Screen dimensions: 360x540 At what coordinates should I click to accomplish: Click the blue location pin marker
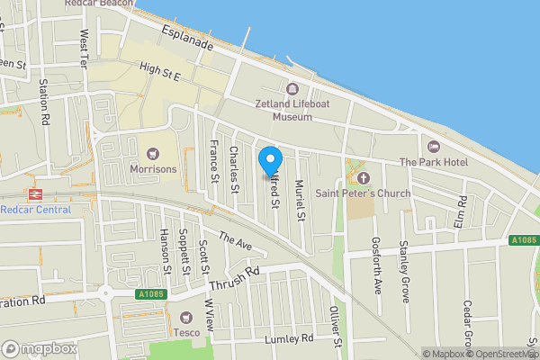[269, 161]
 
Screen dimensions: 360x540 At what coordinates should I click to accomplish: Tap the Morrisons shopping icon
[151, 153]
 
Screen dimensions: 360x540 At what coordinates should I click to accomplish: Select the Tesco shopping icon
[186, 317]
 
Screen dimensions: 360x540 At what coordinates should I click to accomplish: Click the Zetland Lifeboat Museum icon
[292, 88]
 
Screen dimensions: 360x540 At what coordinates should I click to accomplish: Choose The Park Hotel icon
[433, 146]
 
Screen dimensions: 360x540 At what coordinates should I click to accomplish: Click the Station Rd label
[43, 99]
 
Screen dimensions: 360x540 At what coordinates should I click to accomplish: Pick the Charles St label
[233, 169]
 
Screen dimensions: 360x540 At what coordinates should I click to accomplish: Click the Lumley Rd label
[289, 339]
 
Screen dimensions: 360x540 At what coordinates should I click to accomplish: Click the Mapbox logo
[39, 348]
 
